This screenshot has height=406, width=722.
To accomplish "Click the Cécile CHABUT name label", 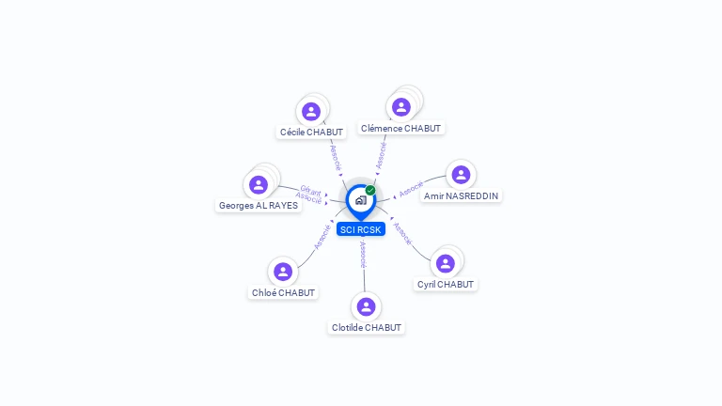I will [x=312, y=133].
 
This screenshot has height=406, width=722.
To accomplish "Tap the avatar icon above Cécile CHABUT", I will [x=311, y=112].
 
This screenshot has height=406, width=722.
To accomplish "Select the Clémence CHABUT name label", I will [x=400, y=128].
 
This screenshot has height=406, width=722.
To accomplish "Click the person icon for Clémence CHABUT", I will [x=401, y=107].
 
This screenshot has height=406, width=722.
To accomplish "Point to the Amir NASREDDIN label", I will [x=461, y=195].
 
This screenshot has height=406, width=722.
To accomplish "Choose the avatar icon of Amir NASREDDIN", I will [x=461, y=175].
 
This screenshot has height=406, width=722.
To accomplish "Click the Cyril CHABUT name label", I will [x=446, y=284].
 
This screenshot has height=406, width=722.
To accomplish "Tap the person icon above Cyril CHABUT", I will [x=446, y=263].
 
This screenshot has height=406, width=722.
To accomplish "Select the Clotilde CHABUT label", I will [x=367, y=327].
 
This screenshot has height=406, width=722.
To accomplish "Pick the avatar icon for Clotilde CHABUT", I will [x=367, y=306].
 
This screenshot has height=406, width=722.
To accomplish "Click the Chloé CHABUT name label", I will [x=283, y=292].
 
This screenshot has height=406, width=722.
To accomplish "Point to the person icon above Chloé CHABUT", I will [x=283, y=272].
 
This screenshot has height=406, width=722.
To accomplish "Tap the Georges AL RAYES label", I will [x=259, y=205].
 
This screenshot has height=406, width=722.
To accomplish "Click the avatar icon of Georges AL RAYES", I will [x=259, y=184].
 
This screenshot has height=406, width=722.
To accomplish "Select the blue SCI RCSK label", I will [x=361, y=229].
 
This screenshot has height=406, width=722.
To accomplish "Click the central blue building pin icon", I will [x=360, y=200].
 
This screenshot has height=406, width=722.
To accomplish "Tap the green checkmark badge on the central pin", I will [x=370, y=190].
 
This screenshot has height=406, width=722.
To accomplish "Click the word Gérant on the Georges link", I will [x=311, y=191].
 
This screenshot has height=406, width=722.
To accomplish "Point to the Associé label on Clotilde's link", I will [x=363, y=254].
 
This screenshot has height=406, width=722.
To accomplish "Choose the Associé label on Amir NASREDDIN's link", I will [x=411, y=188].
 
